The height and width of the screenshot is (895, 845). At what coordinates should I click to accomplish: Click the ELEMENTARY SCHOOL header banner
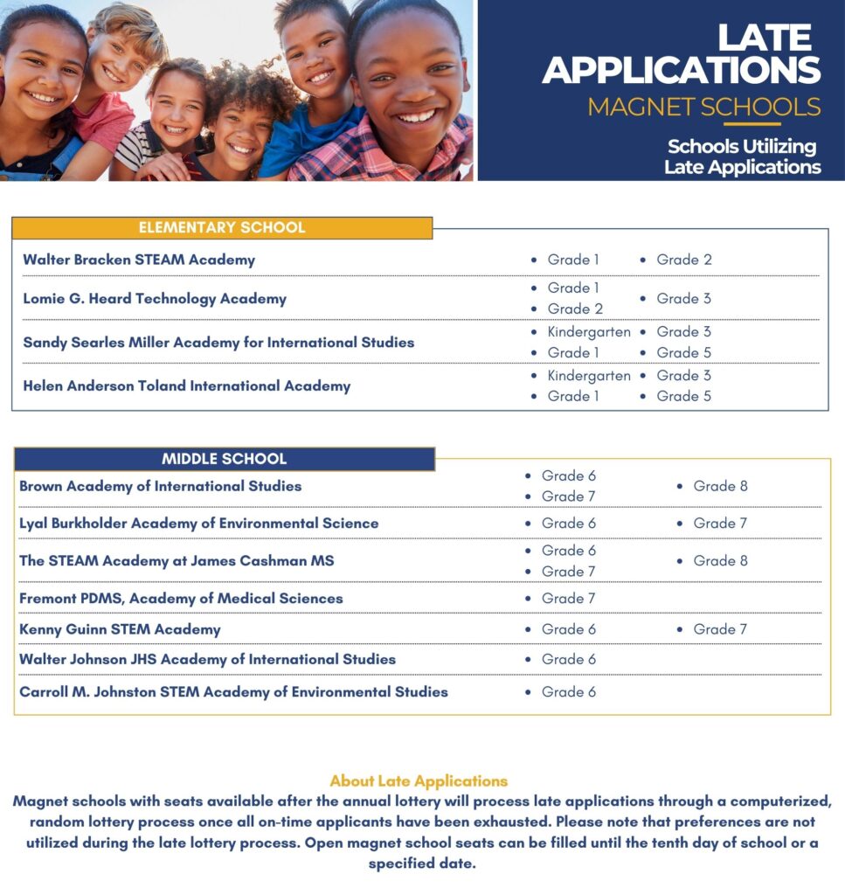(x=222, y=228)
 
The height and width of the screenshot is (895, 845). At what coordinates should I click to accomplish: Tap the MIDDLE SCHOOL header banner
(x=224, y=459)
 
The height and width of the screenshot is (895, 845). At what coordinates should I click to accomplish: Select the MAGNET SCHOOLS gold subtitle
(x=703, y=107)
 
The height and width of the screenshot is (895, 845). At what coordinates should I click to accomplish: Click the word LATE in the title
(x=765, y=38)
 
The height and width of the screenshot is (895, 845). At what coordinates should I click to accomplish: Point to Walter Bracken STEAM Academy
(x=139, y=260)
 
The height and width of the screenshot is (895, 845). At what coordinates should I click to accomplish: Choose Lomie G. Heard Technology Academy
(x=155, y=299)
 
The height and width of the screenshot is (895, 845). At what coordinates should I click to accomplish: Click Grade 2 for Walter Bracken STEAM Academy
(x=683, y=260)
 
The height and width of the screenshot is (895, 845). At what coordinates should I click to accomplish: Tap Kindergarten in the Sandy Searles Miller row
(x=588, y=332)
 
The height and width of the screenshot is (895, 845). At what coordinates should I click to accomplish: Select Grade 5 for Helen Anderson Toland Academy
(x=683, y=397)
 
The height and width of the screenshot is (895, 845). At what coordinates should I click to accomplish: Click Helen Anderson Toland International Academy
(x=186, y=385)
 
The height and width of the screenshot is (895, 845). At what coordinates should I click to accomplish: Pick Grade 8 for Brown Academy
(x=720, y=486)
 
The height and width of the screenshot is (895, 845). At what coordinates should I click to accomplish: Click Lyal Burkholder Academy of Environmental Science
(x=198, y=524)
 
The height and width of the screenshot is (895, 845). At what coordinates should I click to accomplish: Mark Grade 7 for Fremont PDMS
(x=568, y=599)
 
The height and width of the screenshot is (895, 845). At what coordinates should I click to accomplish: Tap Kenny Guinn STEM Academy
(x=120, y=629)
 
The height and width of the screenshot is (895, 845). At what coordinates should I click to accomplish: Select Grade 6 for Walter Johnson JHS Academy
(x=568, y=660)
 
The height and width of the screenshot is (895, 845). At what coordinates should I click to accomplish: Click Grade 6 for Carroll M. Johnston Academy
(x=568, y=692)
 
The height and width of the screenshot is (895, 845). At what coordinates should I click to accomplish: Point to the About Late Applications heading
(x=419, y=781)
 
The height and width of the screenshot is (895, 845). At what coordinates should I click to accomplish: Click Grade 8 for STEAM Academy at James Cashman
(x=720, y=561)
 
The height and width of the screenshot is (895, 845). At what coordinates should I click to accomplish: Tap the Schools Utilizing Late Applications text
(x=742, y=156)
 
